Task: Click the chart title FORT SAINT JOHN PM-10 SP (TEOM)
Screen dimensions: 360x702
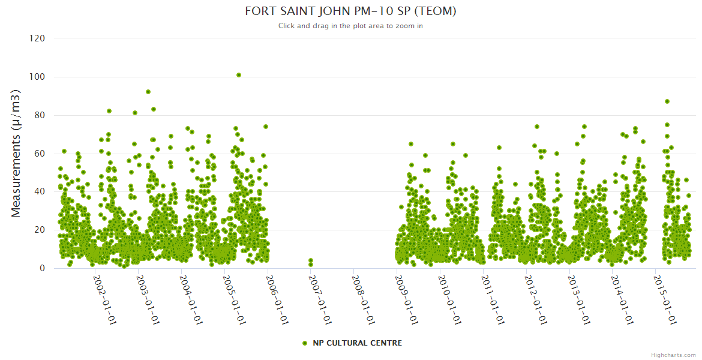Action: (351, 11)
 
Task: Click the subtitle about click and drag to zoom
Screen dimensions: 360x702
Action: (351, 26)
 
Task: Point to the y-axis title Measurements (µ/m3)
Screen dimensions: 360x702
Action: (17, 153)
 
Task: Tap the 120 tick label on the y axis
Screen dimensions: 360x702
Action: (37, 38)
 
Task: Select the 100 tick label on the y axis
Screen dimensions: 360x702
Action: (37, 77)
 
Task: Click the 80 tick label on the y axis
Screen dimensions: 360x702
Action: (40, 115)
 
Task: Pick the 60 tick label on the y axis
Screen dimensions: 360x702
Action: (40, 154)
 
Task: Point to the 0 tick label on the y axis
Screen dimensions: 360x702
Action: (42, 268)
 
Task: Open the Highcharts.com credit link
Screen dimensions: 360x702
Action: (673, 355)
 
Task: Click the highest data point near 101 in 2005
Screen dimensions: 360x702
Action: (239, 75)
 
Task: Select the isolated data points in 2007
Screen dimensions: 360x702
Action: (311, 262)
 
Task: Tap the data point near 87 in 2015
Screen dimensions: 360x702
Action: (667, 101)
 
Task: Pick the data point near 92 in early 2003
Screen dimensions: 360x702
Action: (148, 92)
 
